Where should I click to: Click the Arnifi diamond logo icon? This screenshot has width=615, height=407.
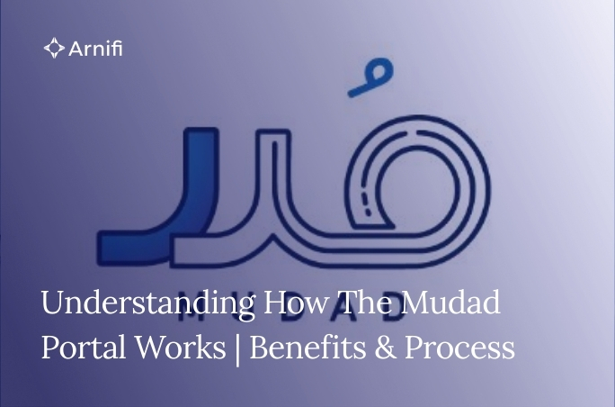pos(54,48)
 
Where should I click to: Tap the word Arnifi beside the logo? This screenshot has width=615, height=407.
pos(96,48)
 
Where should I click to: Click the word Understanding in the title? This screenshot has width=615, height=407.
pos(148,303)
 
